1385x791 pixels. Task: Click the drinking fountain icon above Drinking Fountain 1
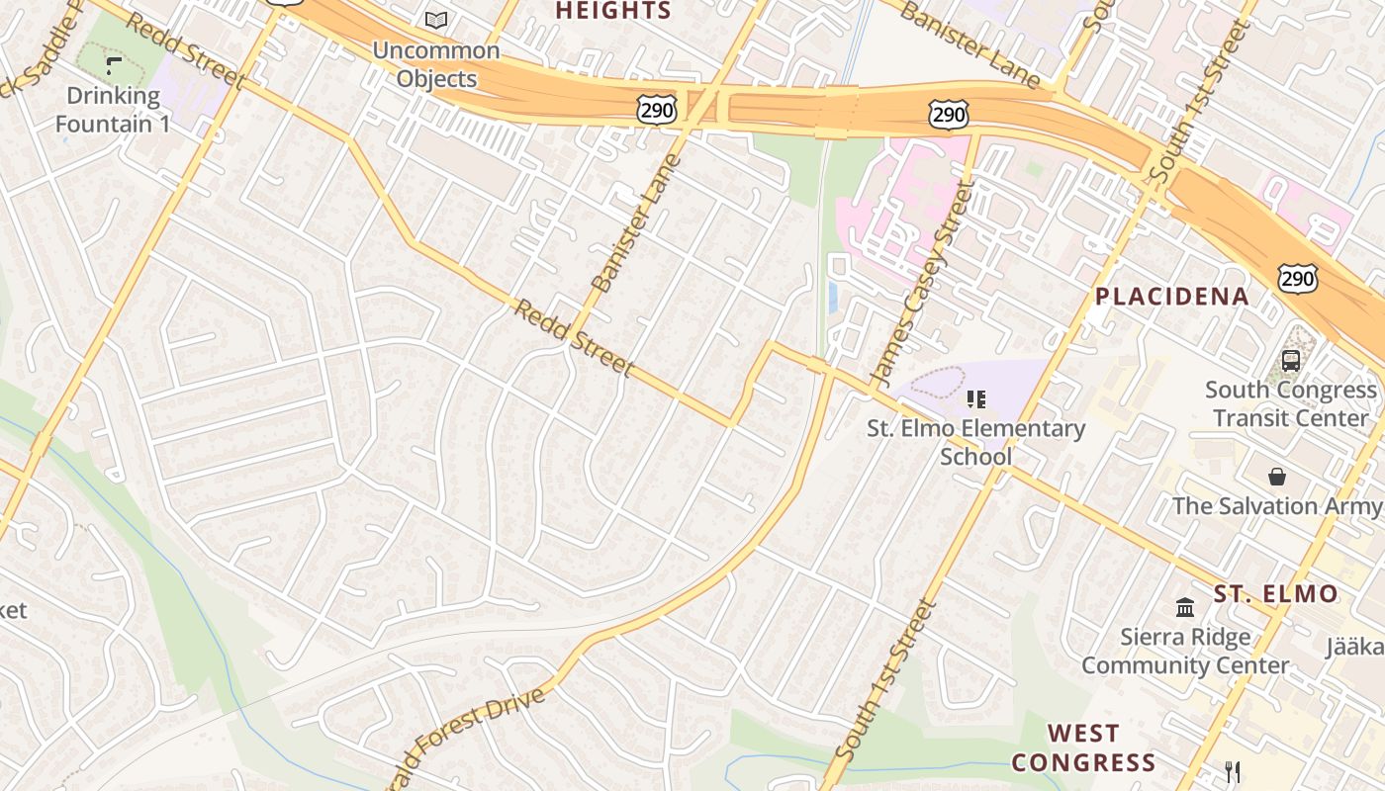tap(114, 66)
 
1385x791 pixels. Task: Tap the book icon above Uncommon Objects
tap(436, 20)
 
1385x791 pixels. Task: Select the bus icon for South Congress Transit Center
tap(1291, 361)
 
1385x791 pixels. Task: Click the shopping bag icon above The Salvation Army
tap(1277, 477)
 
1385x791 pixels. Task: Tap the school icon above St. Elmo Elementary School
tap(976, 399)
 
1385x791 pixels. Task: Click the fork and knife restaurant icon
tap(1233, 771)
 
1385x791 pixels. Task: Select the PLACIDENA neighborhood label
tap(1172, 297)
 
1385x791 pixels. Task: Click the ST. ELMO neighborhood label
tap(1276, 594)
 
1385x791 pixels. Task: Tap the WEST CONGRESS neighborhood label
tap(1083, 747)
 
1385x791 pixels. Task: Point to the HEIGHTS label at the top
tap(613, 11)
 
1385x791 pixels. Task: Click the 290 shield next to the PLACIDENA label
tap(1296, 279)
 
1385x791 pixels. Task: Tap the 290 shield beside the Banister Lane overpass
tap(657, 111)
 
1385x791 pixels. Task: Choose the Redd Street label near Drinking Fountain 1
tap(185, 49)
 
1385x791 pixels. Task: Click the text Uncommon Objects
tap(436, 64)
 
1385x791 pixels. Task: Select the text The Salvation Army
tap(1276, 506)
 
